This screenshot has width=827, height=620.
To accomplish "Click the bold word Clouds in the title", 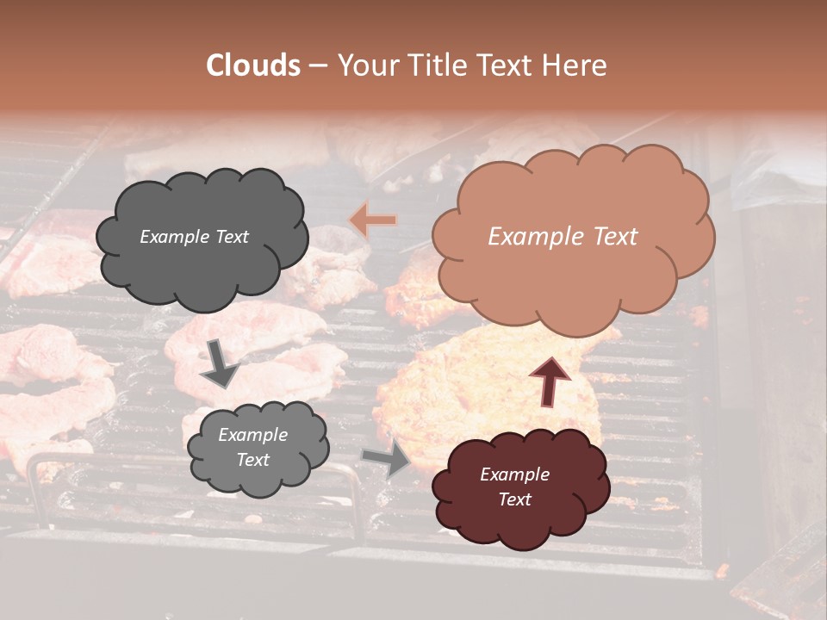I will (253, 65).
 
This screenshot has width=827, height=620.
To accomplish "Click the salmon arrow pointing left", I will (372, 220).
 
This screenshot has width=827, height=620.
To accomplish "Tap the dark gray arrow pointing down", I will (219, 363).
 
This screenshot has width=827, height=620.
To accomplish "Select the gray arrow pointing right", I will (388, 459).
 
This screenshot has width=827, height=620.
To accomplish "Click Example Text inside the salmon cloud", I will (563, 237).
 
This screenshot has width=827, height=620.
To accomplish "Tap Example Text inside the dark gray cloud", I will (194, 237).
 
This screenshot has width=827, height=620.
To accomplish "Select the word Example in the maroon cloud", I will (514, 474).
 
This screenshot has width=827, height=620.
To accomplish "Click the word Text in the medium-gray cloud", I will (253, 460).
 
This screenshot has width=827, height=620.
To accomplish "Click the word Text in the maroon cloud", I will (514, 499).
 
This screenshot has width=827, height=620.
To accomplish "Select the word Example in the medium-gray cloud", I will (253, 435).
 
